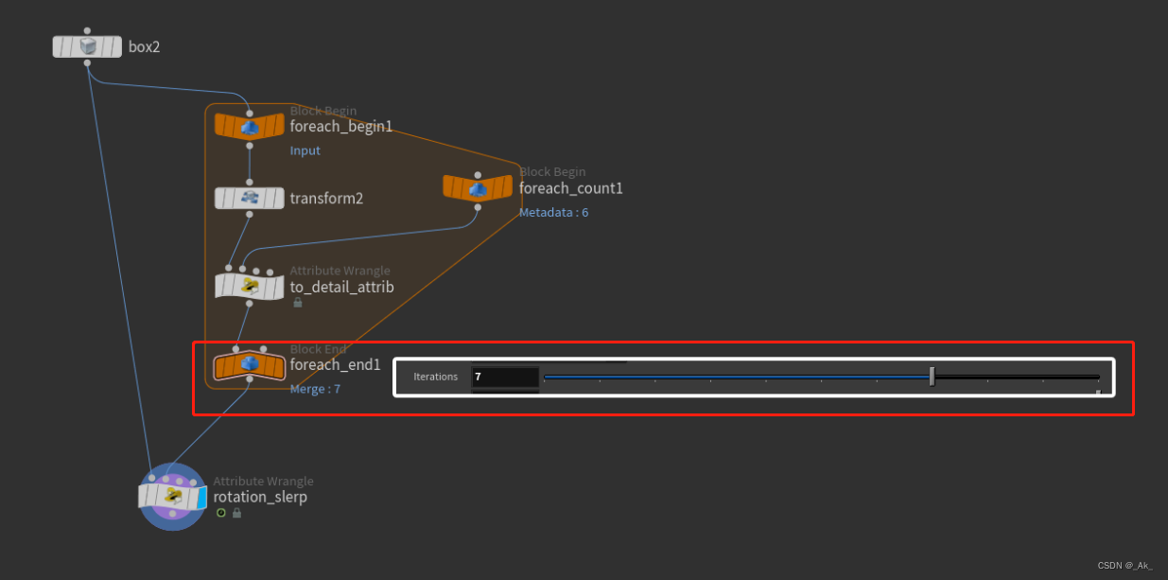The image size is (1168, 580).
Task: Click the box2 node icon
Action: click(x=88, y=46)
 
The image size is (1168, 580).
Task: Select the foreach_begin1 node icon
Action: click(x=250, y=126)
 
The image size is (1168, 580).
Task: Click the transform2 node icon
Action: click(x=250, y=198)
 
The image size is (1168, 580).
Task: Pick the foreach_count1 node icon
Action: click(x=478, y=187)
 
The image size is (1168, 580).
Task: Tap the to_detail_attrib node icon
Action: click(x=250, y=286)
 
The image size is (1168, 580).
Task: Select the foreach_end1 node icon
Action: click(x=250, y=364)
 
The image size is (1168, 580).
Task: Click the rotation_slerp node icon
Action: click(x=172, y=496)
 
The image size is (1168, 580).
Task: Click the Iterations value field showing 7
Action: click(x=504, y=377)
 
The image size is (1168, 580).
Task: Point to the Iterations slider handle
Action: click(x=932, y=377)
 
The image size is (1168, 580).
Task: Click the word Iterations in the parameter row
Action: click(x=435, y=377)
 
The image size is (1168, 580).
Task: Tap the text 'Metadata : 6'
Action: click(x=553, y=213)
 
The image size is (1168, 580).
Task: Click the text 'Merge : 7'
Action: click(x=315, y=389)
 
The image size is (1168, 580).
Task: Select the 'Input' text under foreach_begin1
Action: click(x=305, y=150)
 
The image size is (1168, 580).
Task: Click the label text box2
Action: click(x=144, y=46)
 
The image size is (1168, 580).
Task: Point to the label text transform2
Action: click(x=326, y=199)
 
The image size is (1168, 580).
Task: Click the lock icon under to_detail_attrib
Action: click(x=298, y=303)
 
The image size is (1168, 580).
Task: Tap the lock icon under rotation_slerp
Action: click(x=236, y=513)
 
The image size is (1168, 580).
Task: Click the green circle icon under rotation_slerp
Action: click(x=221, y=513)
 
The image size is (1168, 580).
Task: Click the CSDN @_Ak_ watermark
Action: click(x=1124, y=565)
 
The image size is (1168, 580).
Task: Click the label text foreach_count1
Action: click(x=570, y=188)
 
